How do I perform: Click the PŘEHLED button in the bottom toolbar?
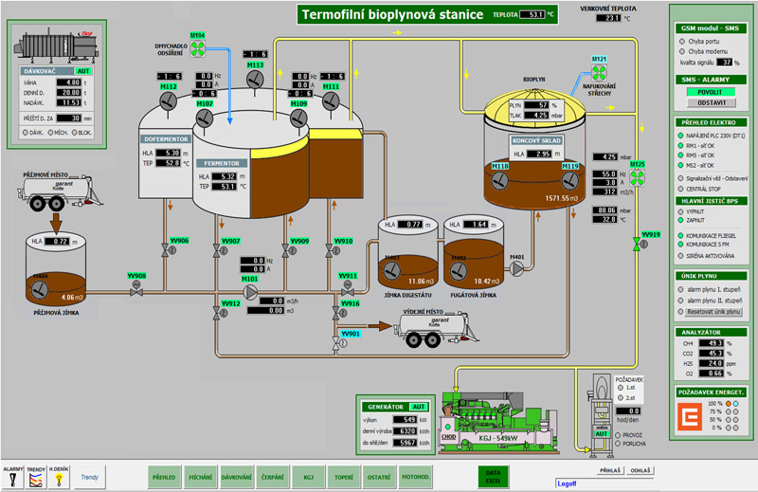[x=165, y=477]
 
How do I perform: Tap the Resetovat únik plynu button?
[x=713, y=311]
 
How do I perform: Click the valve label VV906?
[x=179, y=241]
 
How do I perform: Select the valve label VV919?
[x=651, y=234]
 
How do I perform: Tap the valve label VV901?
[x=352, y=334]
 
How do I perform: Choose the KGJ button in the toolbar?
[x=308, y=477]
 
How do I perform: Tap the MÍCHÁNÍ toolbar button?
[x=201, y=477]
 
